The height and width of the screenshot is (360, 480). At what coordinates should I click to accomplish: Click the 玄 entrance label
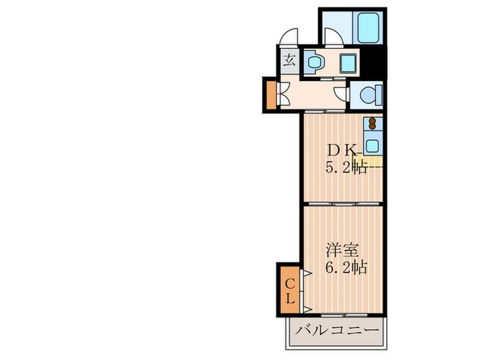point(289,59)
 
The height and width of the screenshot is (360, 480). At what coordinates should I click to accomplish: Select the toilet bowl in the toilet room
point(369,94)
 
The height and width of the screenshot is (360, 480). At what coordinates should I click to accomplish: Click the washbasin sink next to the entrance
point(315,62)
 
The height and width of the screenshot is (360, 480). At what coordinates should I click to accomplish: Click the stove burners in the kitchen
point(373,125)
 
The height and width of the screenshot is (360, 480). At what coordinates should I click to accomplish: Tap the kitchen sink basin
point(372,145)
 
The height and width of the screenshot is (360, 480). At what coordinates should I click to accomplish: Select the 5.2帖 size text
point(345,167)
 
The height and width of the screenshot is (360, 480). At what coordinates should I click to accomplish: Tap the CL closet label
point(290,291)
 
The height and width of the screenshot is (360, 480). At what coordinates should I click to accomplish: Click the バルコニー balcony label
point(337,333)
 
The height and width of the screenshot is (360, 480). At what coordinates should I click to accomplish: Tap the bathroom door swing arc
point(335,38)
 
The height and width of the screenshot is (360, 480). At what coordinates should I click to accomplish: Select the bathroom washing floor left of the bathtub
point(335,24)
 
